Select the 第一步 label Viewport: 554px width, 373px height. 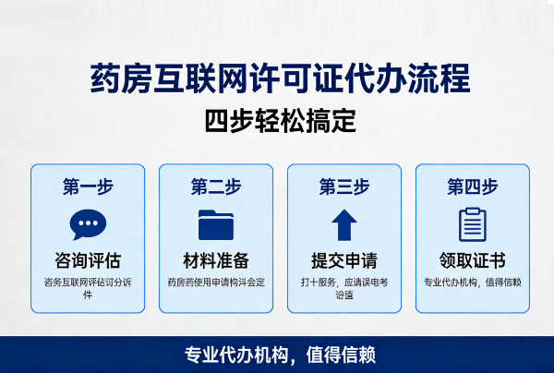click(x=88, y=186)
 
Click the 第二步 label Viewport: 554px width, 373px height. click(x=216, y=186)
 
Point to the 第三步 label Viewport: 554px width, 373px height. click(x=344, y=186)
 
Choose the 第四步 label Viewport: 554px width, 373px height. click(x=473, y=186)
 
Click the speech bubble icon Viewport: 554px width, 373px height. click(x=88, y=224)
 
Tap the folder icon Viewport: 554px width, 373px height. click(x=216, y=224)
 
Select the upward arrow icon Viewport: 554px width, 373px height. click(x=344, y=224)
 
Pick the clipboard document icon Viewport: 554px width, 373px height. click(x=473, y=224)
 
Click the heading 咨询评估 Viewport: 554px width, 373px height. click(x=88, y=260)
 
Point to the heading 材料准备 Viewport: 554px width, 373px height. click(x=216, y=260)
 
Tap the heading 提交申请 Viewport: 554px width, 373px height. click(x=344, y=260)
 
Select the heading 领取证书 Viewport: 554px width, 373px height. click(x=473, y=260)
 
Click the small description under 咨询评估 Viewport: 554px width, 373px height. click(x=88, y=288)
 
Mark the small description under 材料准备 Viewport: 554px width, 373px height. click(x=216, y=283)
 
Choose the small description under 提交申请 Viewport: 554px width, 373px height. click(x=344, y=288)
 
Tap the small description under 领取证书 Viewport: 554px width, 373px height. click(x=473, y=283)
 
